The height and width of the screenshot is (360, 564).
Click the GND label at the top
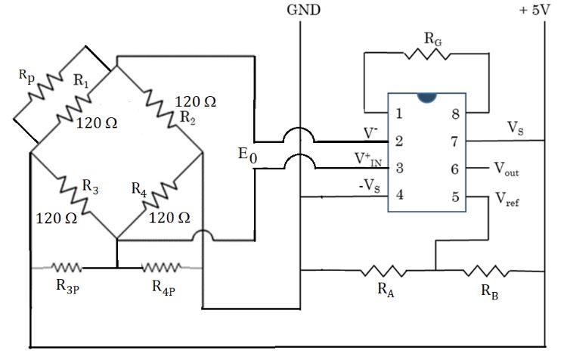[302, 10]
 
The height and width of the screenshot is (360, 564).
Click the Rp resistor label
[27, 76]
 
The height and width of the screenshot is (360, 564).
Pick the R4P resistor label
[165, 287]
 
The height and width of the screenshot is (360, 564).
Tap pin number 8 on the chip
[455, 114]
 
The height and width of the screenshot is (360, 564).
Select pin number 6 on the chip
[455, 169]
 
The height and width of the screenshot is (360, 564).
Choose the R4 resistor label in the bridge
[138, 189]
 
